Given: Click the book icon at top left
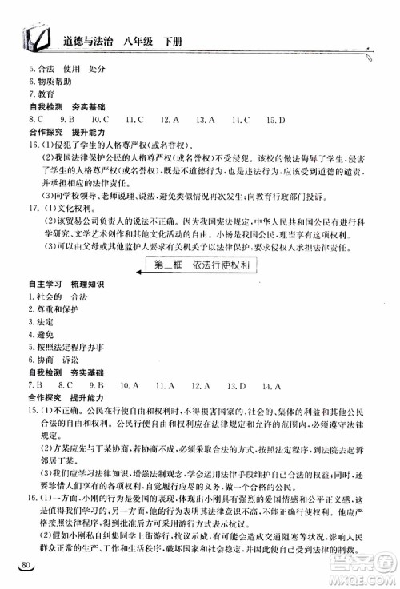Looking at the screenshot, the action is [x=35, y=36].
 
